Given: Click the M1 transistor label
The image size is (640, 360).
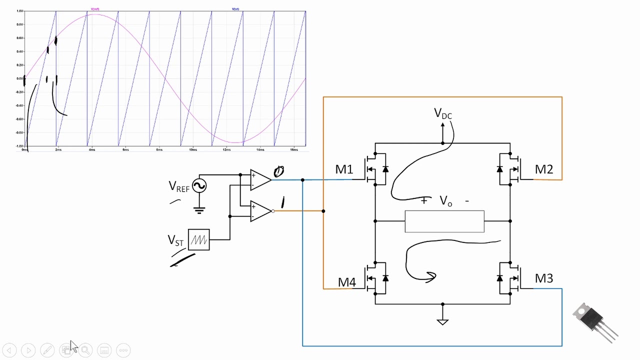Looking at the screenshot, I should [344, 169].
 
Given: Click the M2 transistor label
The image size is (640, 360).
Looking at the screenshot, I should [544, 169].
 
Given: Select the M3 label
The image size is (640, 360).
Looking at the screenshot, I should [544, 278].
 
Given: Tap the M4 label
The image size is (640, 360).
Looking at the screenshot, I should [347, 282].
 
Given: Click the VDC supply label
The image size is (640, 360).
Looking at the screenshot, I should [442, 114].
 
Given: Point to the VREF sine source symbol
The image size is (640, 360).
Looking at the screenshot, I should [199, 186].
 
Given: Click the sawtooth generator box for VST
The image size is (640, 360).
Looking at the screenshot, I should [199, 240].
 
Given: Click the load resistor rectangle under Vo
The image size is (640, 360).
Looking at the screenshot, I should [444, 221].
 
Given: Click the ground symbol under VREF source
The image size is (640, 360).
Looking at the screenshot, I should [199, 210].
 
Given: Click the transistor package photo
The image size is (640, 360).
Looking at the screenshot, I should [595, 321].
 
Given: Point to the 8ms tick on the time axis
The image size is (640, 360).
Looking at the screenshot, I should [159, 149].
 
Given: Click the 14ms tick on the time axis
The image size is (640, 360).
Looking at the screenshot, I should [260, 149].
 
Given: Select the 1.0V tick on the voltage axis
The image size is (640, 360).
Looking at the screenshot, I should [20, 10].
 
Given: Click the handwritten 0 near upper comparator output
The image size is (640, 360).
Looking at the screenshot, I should [279, 172].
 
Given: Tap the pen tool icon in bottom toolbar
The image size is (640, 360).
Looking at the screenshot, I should [47, 350].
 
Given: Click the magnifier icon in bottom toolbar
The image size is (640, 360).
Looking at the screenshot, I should [85, 350].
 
